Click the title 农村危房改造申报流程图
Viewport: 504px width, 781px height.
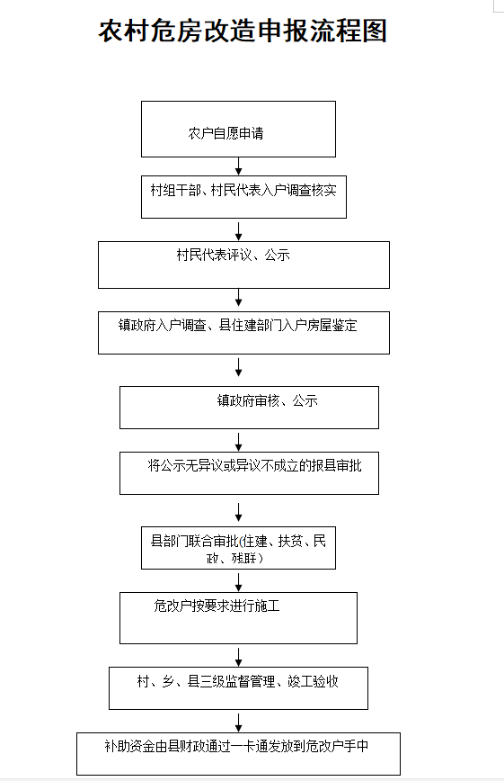(243, 31)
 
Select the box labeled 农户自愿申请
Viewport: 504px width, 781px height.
(238, 129)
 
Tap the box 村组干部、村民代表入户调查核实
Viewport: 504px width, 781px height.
(243, 197)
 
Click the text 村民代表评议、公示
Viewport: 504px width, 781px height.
(233, 255)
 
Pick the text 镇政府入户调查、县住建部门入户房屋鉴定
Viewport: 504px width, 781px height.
(238, 325)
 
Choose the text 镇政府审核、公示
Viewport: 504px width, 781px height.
(267, 400)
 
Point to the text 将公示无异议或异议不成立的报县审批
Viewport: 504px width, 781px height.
(254, 466)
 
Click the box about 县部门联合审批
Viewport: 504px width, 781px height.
(238, 548)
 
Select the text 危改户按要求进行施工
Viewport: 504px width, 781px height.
(217, 606)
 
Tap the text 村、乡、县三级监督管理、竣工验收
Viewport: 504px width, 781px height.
(238, 681)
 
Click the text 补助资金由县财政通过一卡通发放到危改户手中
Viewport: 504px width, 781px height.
(236, 746)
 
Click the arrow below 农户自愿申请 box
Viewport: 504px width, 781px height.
(238, 166)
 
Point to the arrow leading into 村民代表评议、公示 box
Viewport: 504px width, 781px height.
(238, 232)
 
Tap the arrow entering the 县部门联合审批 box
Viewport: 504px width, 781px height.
(238, 513)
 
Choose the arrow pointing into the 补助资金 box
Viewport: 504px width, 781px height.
(238, 723)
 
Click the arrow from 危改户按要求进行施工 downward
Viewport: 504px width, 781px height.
(238, 658)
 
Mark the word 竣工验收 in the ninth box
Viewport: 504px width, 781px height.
(314, 681)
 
